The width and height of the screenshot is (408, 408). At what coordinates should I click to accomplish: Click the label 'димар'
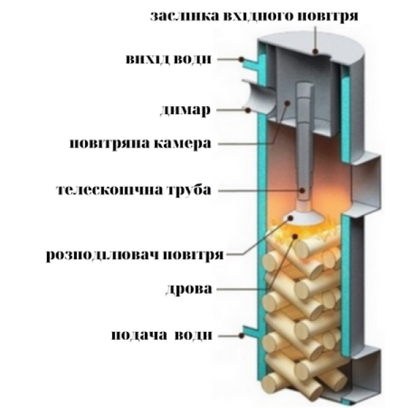coord(185,111)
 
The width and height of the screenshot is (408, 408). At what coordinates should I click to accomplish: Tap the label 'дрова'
coord(189,289)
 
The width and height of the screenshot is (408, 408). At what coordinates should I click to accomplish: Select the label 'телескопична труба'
coord(134,190)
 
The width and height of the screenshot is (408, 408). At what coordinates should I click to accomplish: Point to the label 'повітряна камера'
coord(141,143)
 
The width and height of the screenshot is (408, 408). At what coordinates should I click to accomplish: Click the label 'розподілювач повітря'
coord(135,255)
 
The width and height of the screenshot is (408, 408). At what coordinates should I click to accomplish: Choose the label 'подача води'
coord(162,335)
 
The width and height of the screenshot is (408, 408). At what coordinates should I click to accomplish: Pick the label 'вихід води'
coord(169,58)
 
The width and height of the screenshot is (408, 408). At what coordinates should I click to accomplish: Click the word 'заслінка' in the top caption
coord(185,16)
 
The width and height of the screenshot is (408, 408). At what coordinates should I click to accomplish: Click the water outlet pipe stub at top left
coord(250,64)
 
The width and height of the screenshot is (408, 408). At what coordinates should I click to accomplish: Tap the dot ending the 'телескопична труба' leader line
coord(302,190)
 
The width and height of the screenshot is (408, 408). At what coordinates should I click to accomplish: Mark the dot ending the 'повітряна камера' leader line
coord(287,103)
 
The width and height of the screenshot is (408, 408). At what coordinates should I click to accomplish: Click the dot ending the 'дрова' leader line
coord(295,236)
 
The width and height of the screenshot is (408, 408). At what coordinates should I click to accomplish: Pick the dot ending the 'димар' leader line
coord(248,110)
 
